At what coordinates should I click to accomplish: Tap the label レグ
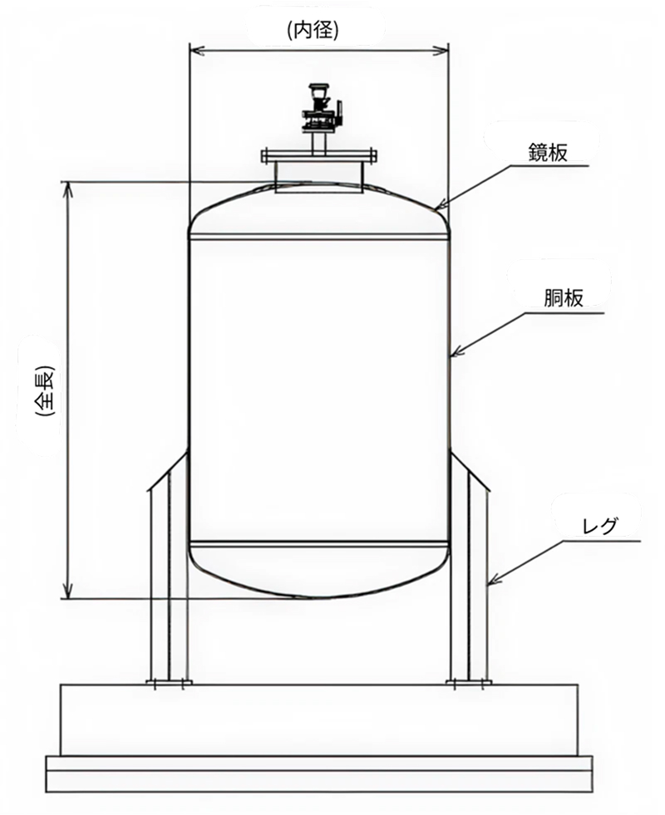pos(596,525)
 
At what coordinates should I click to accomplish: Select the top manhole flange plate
pos(318,155)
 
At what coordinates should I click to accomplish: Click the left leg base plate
pos(169,684)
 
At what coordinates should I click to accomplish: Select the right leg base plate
pos(469,684)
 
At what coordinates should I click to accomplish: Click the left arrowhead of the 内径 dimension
pos(194,51)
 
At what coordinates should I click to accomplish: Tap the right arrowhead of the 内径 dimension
pos(445,51)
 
